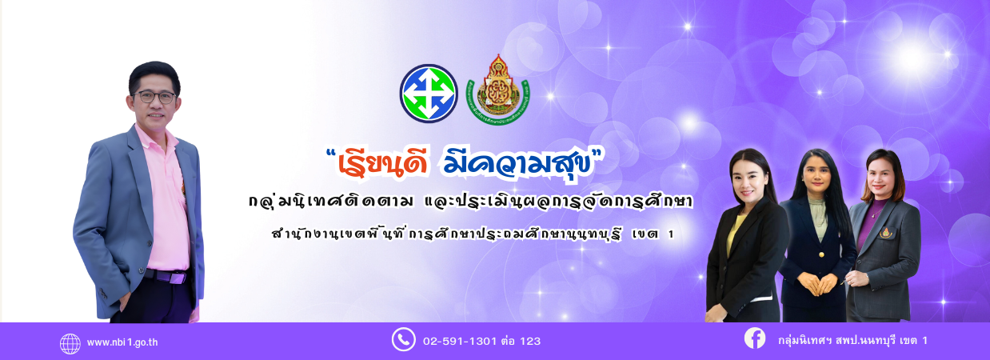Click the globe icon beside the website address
(70, 344)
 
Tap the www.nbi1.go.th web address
(122, 342)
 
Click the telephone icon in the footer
(404, 340)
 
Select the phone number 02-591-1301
(460, 341)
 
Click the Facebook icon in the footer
(755, 338)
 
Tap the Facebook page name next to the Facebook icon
(852, 341)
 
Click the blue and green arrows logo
(429, 94)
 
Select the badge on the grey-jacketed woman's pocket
(885, 233)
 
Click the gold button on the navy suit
(821, 254)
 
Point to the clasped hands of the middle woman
(816, 283)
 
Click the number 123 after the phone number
(530, 341)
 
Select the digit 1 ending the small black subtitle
(672, 234)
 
